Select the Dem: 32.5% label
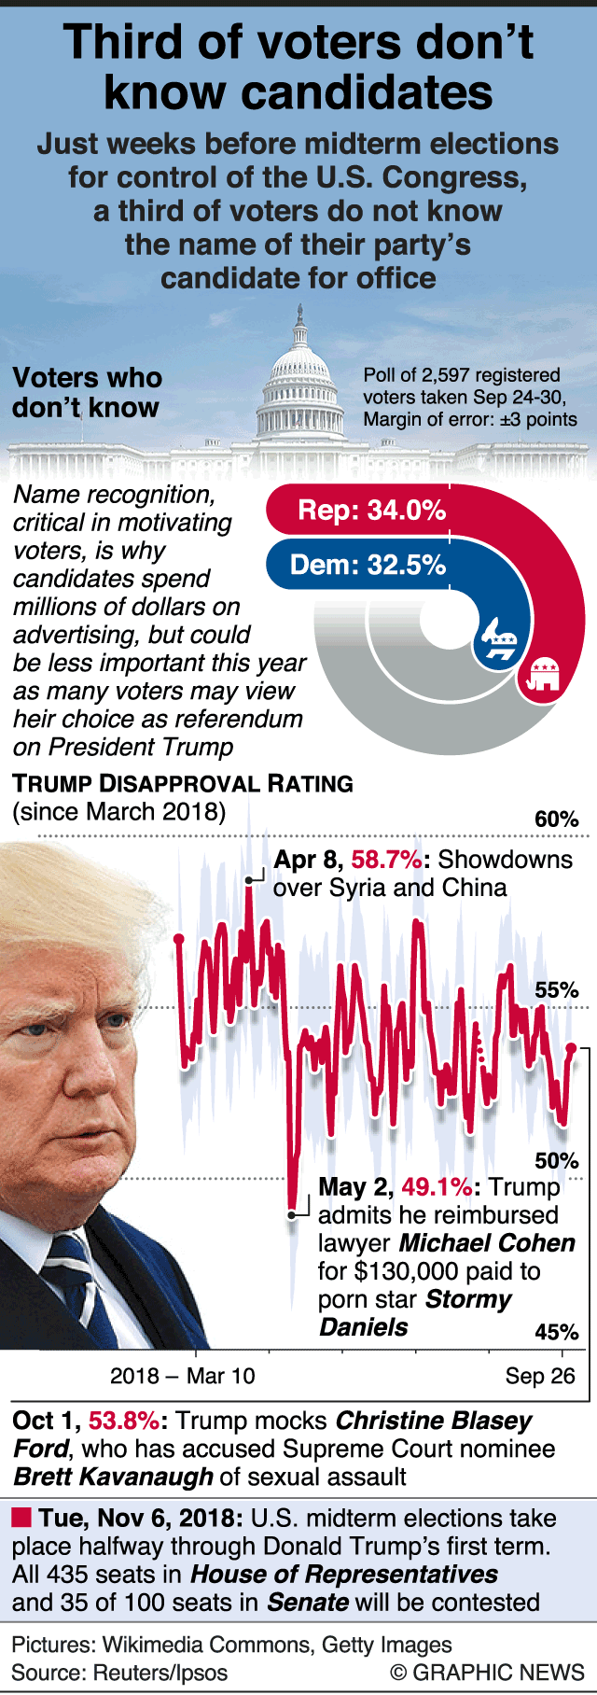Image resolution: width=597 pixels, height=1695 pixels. point(368,566)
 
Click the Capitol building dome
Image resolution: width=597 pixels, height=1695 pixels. point(299,373)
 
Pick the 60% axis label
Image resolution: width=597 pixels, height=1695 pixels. point(556,819)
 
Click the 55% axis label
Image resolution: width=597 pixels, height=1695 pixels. point(556,990)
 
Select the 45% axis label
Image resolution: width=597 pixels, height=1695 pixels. point(556,1332)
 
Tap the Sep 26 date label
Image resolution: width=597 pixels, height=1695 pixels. point(540,1377)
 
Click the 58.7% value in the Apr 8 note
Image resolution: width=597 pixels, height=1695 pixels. point(386,860)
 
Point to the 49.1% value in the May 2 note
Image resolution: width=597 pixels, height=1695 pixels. point(437,1187)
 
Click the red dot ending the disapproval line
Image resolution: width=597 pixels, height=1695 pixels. point(571,1048)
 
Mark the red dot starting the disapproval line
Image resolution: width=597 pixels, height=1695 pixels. point(179,938)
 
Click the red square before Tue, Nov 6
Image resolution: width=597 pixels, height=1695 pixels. point(21,1518)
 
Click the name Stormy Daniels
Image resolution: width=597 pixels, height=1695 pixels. point(415,1313)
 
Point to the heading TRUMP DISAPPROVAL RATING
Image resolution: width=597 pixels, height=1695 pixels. point(183,784)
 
